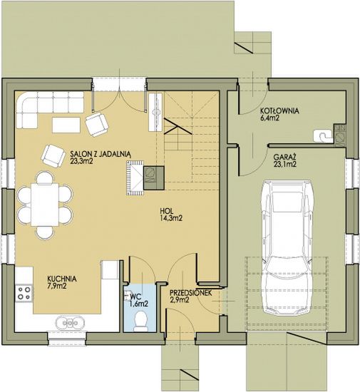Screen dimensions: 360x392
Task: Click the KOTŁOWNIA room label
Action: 279,110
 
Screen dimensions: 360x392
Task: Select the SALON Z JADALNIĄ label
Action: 101,154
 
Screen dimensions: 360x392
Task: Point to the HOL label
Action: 166,211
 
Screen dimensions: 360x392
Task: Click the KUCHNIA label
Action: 62,279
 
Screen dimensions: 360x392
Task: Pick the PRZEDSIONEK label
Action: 191,293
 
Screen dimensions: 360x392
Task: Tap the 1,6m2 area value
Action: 139,304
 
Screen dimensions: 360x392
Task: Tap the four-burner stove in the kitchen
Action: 24,293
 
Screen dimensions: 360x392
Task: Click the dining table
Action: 45,205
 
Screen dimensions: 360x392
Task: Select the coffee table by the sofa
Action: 66,125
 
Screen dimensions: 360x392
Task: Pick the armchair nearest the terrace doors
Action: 97,124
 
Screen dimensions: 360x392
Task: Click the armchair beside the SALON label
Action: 53,155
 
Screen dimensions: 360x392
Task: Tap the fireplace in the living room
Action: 135,177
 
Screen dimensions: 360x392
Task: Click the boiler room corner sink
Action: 323,136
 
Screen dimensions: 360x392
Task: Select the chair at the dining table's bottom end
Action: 45,232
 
